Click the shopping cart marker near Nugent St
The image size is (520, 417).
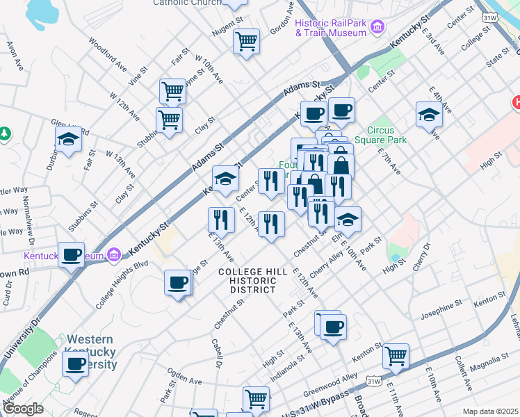pos(246,42)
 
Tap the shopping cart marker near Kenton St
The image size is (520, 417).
pos(396,357)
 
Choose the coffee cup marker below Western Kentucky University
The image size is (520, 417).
pos(75,364)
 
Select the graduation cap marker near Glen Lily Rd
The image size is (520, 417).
pos(69,140)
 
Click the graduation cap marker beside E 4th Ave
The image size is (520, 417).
pos(429,115)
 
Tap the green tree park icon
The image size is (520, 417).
pos(6,133)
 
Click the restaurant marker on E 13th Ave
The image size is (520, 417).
pos(220,220)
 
